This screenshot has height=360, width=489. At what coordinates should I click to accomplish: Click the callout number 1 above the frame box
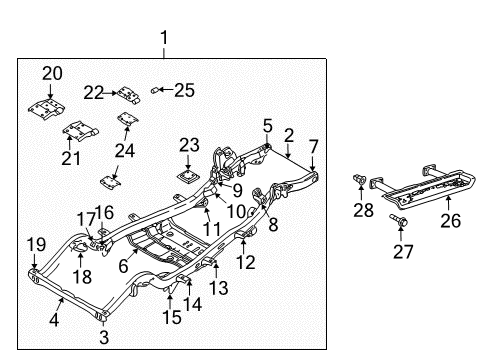(164, 39)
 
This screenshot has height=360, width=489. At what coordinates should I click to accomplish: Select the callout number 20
(51, 72)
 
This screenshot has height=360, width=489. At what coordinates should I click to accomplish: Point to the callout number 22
(93, 92)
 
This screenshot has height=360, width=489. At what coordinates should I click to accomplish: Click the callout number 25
(184, 91)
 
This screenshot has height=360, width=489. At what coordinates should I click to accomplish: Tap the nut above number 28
(357, 180)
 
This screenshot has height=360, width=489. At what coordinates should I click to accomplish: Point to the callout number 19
(35, 243)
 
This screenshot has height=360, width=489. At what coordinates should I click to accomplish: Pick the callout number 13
(218, 288)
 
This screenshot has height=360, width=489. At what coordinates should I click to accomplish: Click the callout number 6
(122, 266)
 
